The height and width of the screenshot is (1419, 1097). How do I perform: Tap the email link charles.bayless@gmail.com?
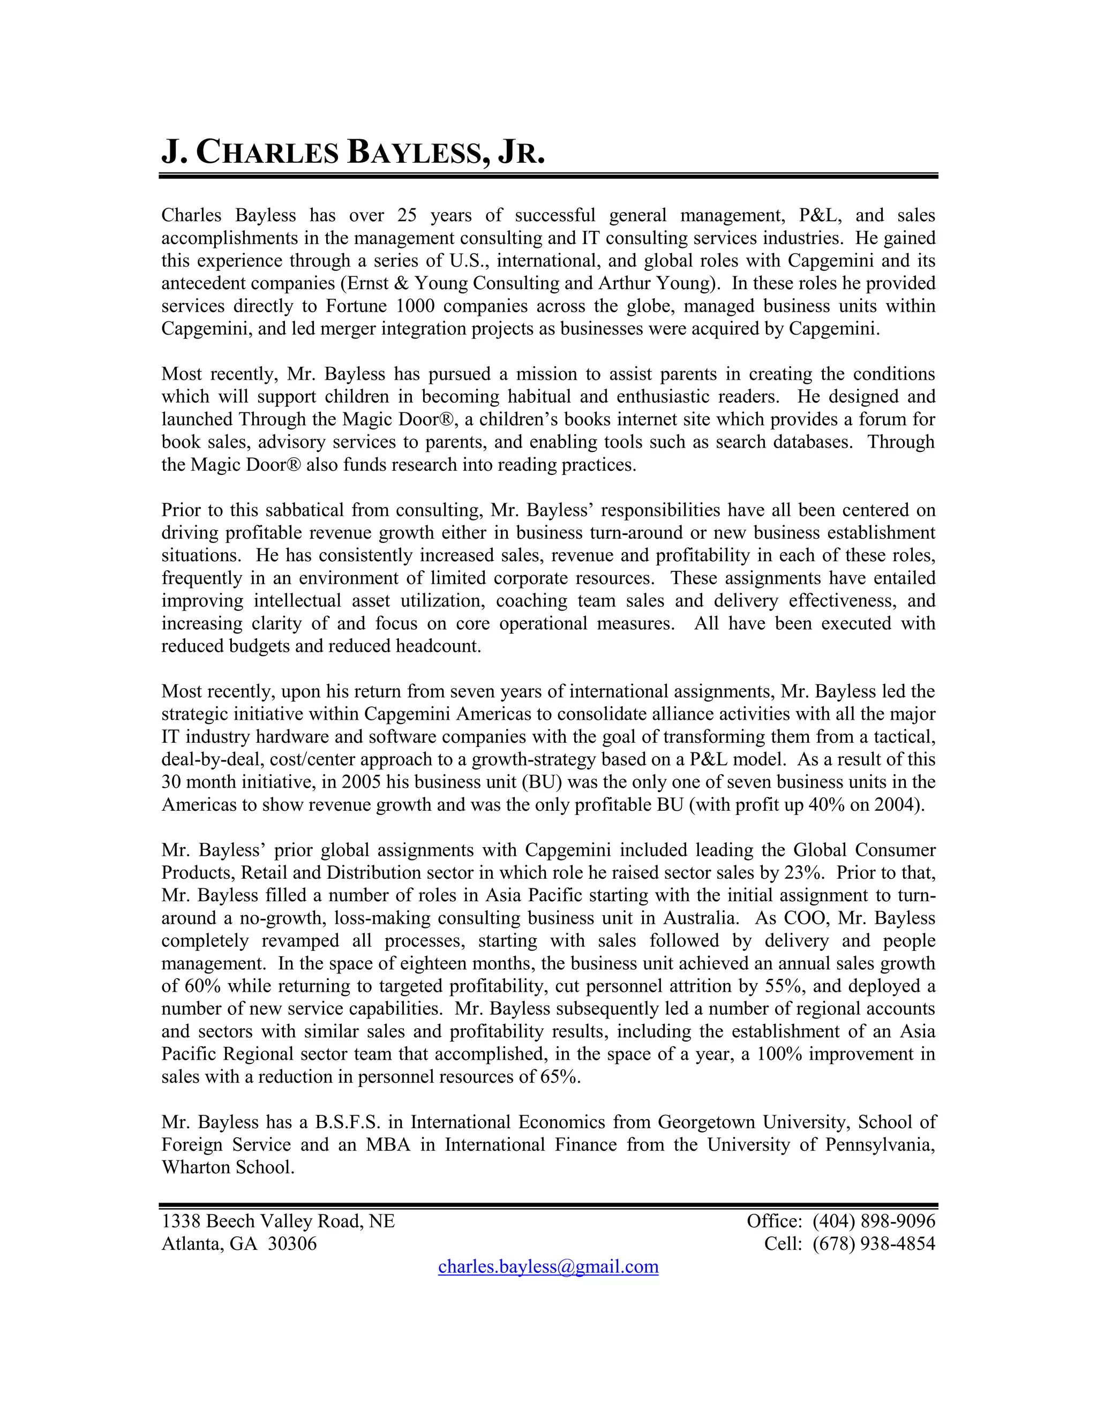coord(548,1266)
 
